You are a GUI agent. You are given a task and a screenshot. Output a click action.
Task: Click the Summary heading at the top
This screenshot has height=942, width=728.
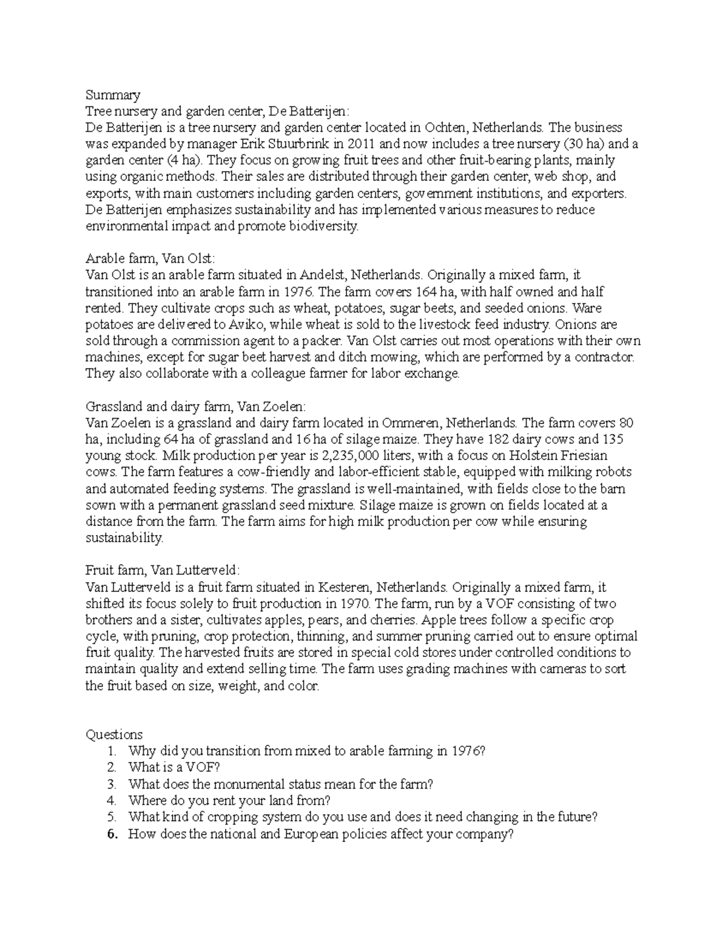[x=113, y=95]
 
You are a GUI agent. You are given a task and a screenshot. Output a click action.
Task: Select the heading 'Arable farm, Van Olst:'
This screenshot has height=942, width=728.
[x=150, y=259]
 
